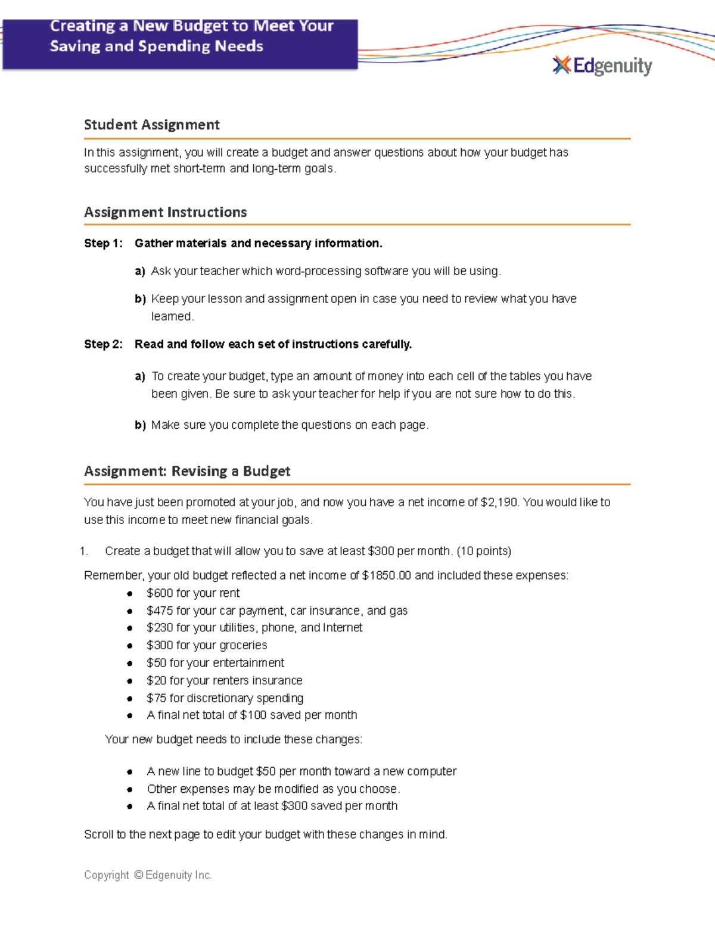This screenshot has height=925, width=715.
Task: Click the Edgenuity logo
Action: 602,66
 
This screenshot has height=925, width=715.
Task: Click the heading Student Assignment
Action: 152,124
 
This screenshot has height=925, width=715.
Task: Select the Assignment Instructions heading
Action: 165,212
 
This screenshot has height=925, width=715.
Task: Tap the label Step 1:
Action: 103,243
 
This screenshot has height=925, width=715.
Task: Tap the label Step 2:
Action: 103,344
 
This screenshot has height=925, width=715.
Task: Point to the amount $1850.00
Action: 386,575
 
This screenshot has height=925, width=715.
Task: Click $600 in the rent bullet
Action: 160,593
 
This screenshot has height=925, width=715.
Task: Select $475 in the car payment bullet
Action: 160,611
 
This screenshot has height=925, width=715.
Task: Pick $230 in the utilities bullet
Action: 160,628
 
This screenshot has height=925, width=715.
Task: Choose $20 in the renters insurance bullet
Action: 156,680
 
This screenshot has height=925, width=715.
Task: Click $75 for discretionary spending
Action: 156,697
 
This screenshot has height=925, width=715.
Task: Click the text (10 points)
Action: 484,551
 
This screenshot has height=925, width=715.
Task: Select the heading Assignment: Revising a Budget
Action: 187,471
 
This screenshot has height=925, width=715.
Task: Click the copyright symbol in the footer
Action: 138,875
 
